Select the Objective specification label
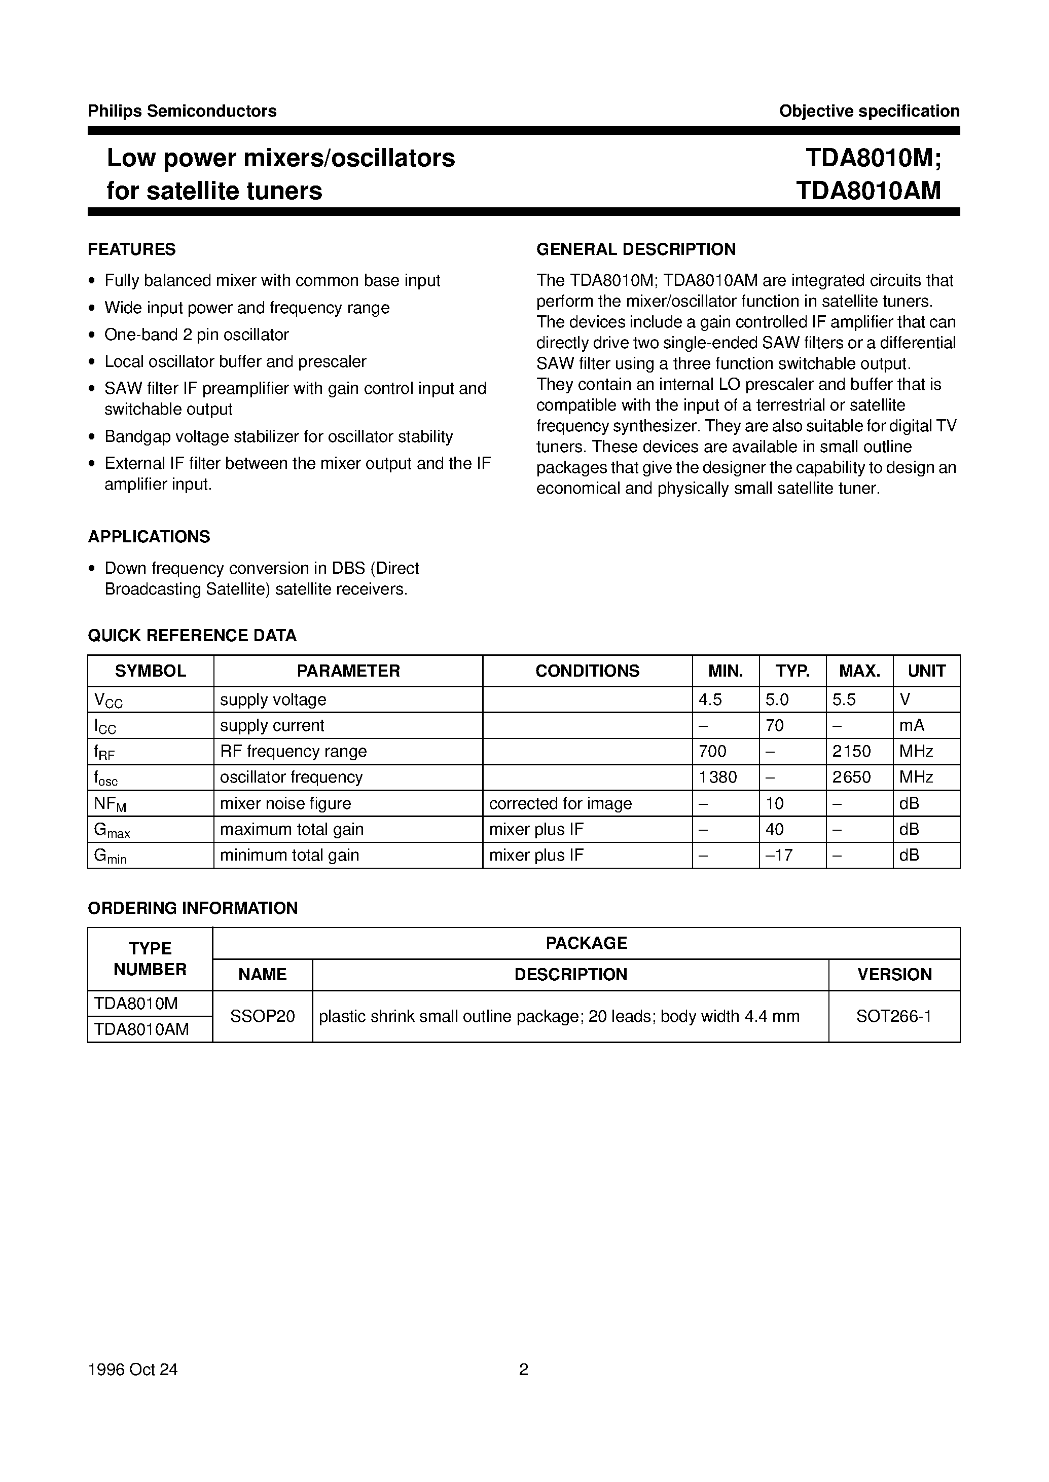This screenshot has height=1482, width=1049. (x=869, y=111)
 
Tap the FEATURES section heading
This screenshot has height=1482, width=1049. (x=132, y=249)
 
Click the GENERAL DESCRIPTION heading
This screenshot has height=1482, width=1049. (x=636, y=249)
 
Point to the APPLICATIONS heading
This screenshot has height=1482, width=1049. (x=149, y=537)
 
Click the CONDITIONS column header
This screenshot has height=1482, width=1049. (x=587, y=671)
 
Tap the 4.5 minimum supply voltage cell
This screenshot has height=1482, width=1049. (x=710, y=699)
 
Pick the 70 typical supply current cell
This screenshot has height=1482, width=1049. (x=775, y=725)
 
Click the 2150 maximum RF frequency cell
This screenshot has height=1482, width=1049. (x=851, y=751)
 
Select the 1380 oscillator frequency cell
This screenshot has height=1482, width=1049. (x=717, y=777)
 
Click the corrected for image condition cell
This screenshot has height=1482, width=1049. (x=560, y=803)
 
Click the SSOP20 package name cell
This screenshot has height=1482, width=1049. (x=262, y=1016)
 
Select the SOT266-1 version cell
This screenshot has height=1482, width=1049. (x=894, y=1016)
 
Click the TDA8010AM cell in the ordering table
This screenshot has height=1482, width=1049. (x=141, y=1029)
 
